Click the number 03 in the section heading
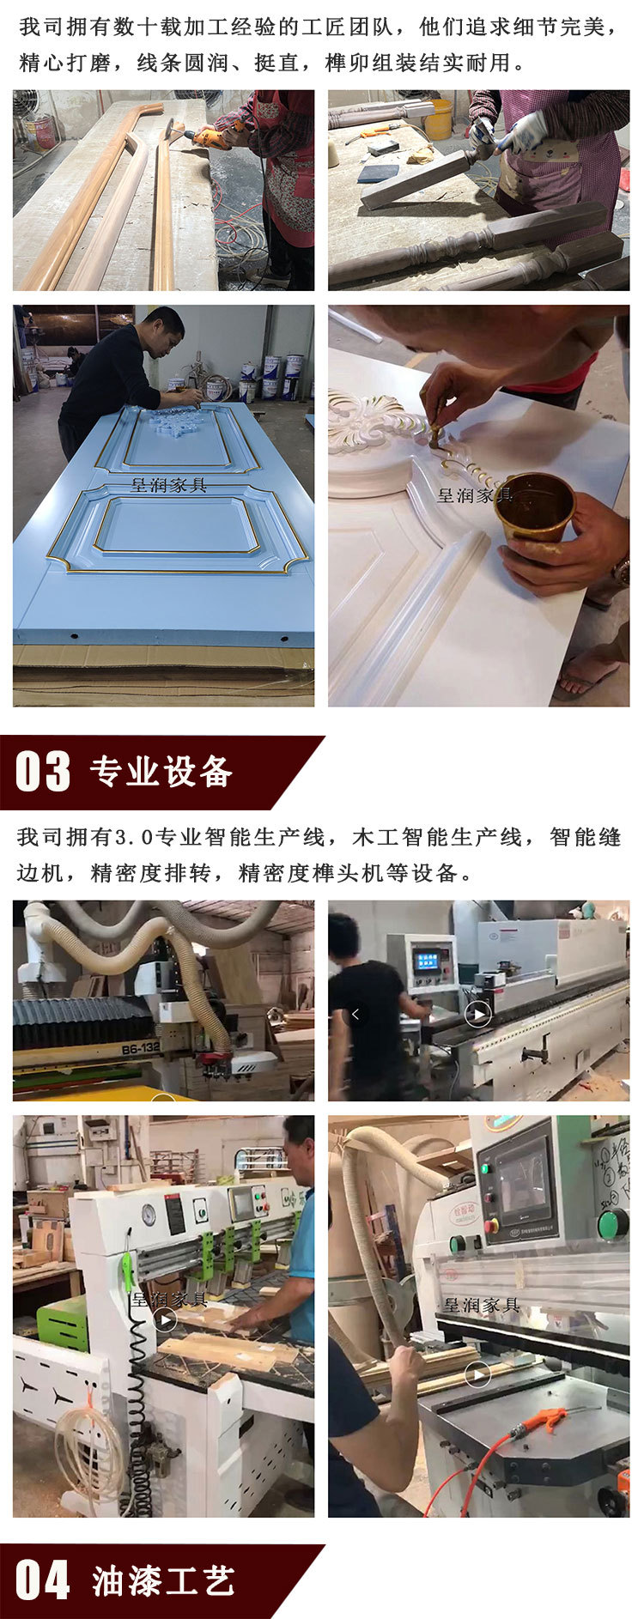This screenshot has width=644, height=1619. tap(43, 771)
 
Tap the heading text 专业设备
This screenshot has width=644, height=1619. tap(161, 772)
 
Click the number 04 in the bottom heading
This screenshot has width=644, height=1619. tap(43, 1580)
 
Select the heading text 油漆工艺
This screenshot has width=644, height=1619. tap(163, 1581)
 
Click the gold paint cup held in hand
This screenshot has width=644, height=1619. tap(536, 506)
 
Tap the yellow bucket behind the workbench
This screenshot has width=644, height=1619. tap(438, 119)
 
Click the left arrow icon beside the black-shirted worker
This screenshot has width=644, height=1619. tap(356, 1014)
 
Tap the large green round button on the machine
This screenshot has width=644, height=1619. tap(612, 1222)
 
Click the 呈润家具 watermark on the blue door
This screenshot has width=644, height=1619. tap(169, 485)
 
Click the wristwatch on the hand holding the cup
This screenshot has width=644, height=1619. tap(621, 572)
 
